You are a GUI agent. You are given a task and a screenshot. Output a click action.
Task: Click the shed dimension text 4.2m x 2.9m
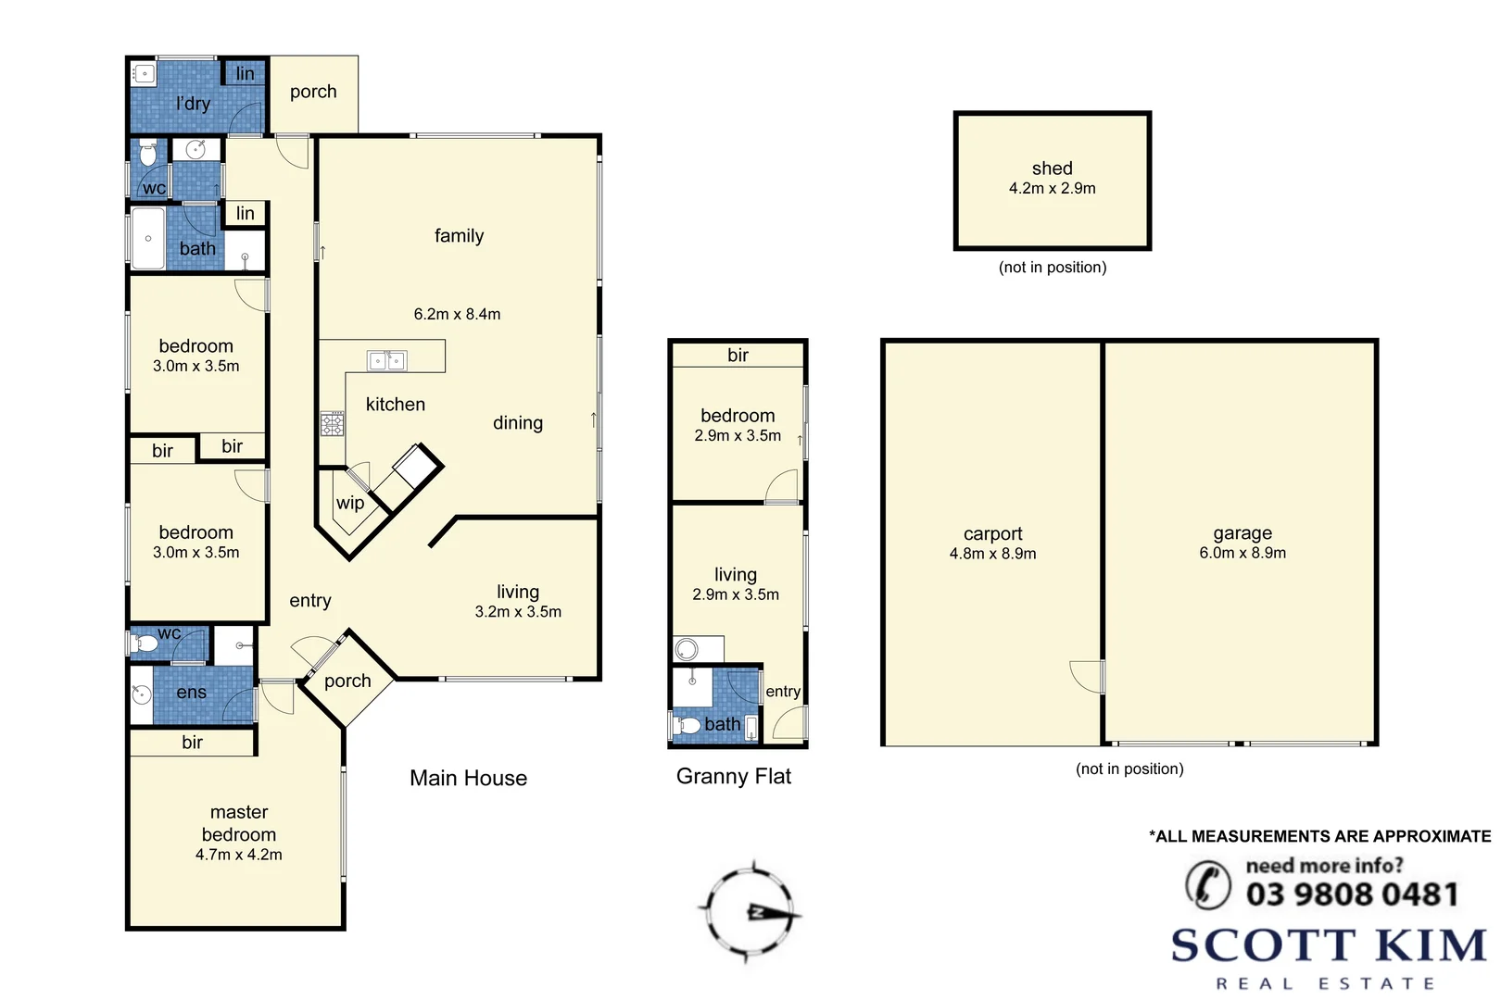[x=1052, y=188]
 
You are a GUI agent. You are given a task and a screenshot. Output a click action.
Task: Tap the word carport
[x=992, y=533]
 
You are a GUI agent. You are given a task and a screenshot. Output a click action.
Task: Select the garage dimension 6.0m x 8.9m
[x=1242, y=553]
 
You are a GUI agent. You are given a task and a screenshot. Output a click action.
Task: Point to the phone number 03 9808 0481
[x=1352, y=894]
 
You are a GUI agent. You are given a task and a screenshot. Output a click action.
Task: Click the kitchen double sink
[x=386, y=360]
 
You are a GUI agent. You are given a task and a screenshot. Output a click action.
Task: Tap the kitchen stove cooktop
[x=332, y=424]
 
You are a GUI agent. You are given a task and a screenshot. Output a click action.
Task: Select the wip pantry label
[x=349, y=503]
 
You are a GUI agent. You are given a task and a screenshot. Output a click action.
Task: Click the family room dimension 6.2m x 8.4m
[x=457, y=314]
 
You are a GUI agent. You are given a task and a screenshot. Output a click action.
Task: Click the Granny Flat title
[x=733, y=776]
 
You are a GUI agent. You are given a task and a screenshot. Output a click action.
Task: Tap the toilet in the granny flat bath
[x=687, y=725]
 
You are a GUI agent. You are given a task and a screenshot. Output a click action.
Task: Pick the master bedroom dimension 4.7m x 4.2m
[x=238, y=855]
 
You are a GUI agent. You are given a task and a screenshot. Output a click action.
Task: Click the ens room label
[x=191, y=692]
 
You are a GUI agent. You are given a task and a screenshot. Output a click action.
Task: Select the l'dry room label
[x=193, y=104]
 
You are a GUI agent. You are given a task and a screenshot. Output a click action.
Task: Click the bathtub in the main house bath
[x=147, y=239]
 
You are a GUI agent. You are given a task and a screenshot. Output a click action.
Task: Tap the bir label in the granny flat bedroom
[x=738, y=355]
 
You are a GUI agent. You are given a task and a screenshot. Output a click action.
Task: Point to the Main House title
[x=468, y=778]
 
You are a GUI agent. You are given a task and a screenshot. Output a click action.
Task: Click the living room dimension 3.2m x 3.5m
[x=517, y=612]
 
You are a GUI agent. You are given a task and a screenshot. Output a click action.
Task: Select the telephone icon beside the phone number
[x=1207, y=883]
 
